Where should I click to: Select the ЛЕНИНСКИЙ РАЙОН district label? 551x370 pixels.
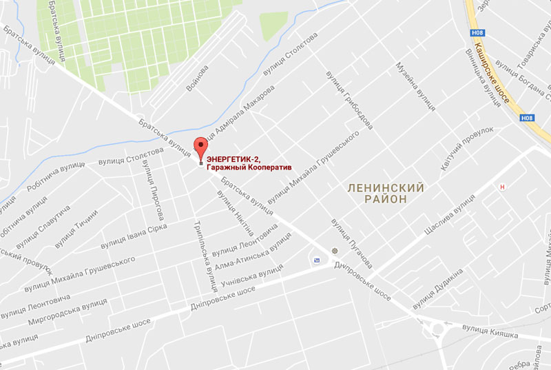[385, 193]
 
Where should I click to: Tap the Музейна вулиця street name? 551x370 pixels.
[415, 87]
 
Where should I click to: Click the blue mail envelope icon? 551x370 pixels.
[316, 260]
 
